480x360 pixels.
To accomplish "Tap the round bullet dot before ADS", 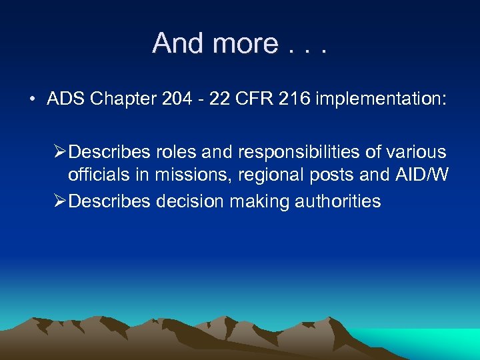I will [32, 100].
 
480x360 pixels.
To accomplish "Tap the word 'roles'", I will [178, 153].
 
